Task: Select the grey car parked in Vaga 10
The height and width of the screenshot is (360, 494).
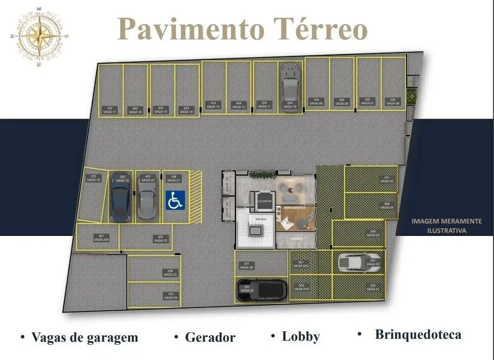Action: coord(289,86)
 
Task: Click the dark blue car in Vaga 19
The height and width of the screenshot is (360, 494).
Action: coord(120,198)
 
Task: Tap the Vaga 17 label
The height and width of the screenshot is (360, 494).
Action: coord(110,110)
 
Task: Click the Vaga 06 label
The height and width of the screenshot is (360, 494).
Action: coord(393,101)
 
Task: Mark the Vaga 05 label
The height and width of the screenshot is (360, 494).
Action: coord(387,179)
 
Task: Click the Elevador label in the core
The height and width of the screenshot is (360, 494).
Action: coord(264,202)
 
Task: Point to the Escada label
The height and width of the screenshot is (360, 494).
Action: coord(260,219)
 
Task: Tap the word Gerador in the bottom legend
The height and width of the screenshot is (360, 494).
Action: coord(210,337)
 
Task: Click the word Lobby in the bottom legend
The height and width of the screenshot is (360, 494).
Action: coord(301,336)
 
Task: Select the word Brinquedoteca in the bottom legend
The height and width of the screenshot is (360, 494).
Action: coord(418,335)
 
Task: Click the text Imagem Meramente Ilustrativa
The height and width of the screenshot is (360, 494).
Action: coord(446,225)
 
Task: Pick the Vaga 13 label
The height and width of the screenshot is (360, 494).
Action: coord(213,105)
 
